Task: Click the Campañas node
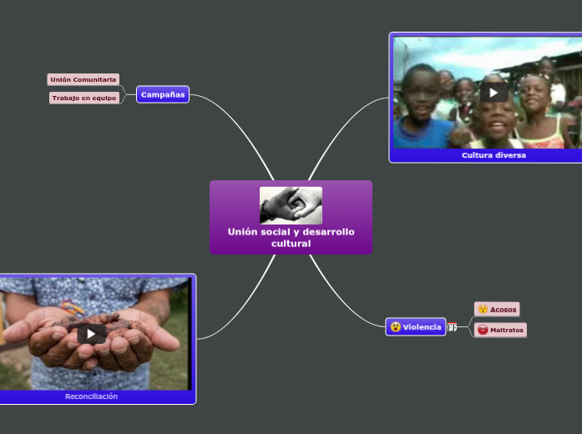[163, 94]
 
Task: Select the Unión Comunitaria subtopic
[84, 79]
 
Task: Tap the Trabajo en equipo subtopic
[84, 98]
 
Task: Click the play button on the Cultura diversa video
[493, 92]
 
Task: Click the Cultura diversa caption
[493, 155]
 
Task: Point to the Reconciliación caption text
[91, 396]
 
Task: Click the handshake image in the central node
[291, 205]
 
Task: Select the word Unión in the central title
[243, 231]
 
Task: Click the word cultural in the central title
[291, 243]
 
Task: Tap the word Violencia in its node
[422, 327]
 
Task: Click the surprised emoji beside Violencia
[396, 327]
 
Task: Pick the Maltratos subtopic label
[507, 331]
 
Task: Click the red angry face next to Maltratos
[483, 331]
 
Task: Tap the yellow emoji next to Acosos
[483, 310]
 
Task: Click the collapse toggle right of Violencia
[452, 327]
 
